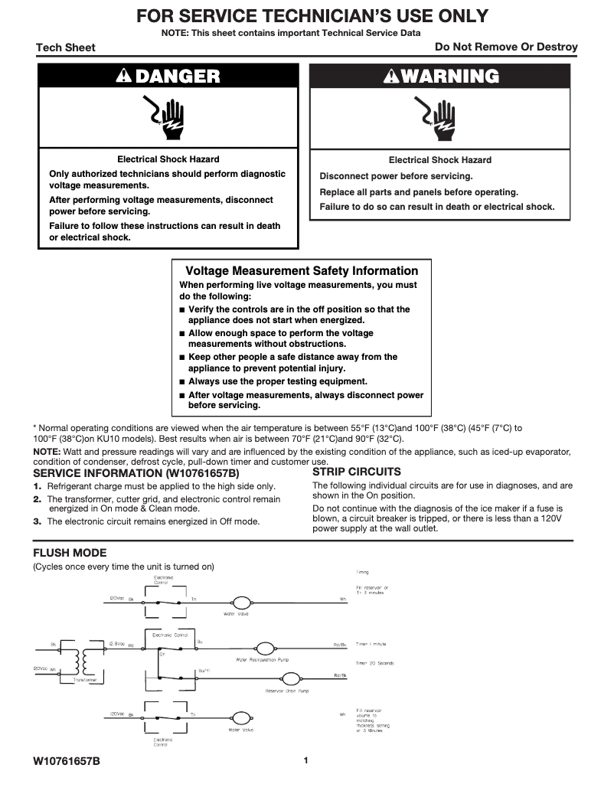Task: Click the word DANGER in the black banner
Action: tap(177, 76)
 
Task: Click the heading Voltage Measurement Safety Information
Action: tap(302, 271)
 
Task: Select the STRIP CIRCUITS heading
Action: tap(356, 472)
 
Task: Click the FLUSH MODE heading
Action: tap(70, 553)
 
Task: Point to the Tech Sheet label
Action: tap(66, 47)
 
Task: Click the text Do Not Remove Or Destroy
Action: tap(506, 47)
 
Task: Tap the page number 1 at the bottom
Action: tap(305, 760)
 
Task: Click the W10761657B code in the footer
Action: tap(67, 762)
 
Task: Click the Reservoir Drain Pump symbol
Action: tap(291, 679)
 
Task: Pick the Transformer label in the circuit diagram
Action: tap(84, 679)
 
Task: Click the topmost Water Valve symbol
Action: tap(241, 602)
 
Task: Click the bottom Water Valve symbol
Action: tap(241, 718)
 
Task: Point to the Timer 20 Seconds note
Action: tap(375, 663)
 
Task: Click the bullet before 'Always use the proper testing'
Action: tap(181, 381)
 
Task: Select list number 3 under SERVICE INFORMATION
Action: tap(37, 521)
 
